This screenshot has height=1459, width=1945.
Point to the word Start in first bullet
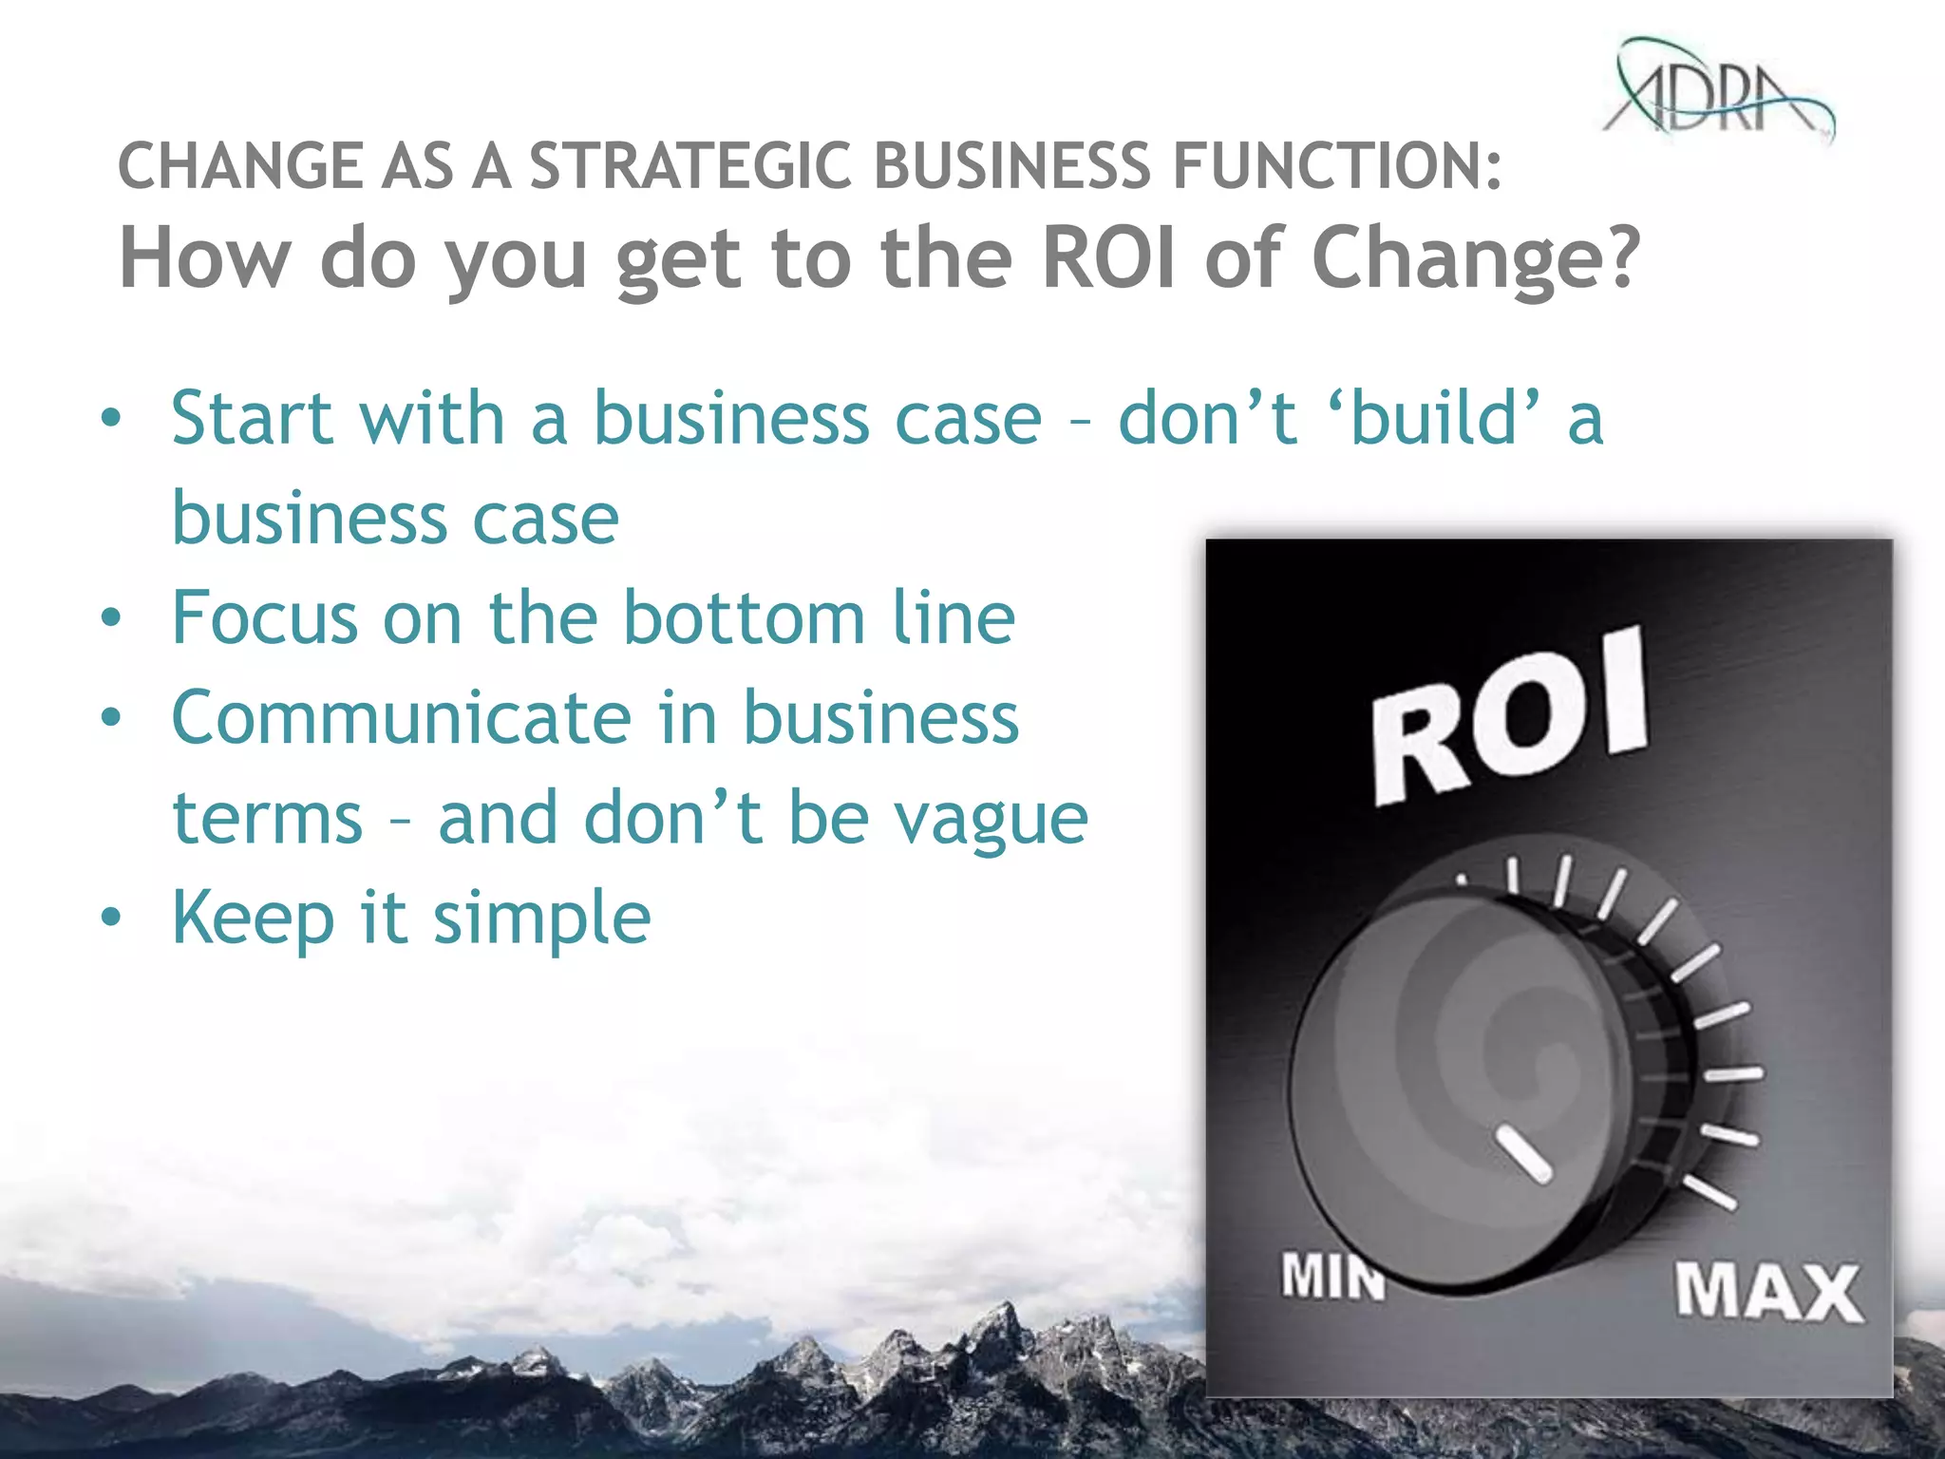click(252, 418)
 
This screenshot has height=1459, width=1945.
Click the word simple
click(542, 919)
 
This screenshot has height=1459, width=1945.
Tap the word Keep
click(252, 919)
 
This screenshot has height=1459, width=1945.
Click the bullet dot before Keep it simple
click(112, 919)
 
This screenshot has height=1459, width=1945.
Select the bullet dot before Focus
click(112, 618)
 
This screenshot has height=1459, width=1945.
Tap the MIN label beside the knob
click(1331, 1276)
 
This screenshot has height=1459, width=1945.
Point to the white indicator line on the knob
click(1524, 1154)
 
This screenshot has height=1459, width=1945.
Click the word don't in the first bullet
click(1206, 418)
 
